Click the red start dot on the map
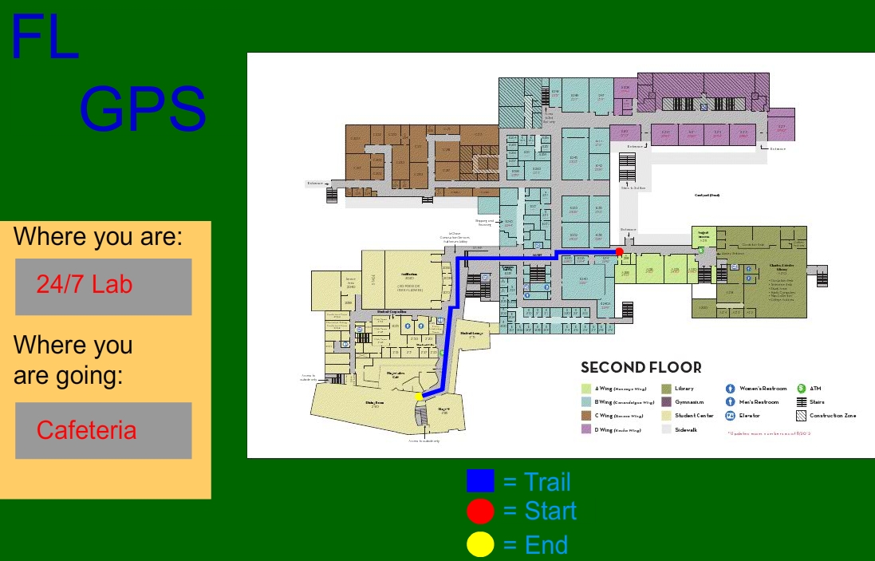click(x=619, y=252)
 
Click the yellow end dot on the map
click(x=419, y=396)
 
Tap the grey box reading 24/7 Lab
click(x=104, y=286)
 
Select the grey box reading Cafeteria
click(x=104, y=430)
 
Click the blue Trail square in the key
click(x=480, y=481)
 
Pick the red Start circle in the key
click(x=480, y=511)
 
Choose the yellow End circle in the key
click(x=480, y=545)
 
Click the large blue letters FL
click(x=45, y=38)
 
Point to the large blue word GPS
click(x=143, y=109)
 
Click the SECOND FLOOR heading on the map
click(x=641, y=368)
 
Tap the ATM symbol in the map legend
click(x=802, y=389)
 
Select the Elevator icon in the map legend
click(x=730, y=416)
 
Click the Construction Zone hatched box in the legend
click(x=802, y=416)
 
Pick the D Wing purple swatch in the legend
click(x=586, y=429)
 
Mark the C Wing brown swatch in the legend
click(x=586, y=416)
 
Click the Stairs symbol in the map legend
click(x=802, y=402)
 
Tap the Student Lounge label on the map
click(x=471, y=334)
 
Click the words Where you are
click(x=98, y=237)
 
